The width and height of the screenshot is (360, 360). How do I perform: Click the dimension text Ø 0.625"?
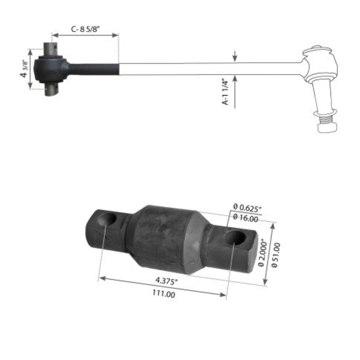point(247,207)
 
